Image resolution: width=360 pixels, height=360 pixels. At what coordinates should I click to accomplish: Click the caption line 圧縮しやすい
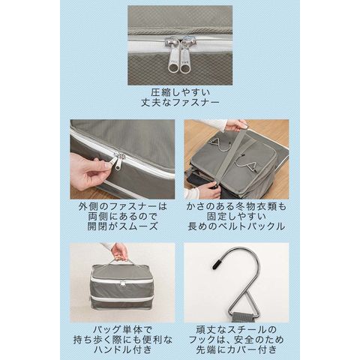(x=180, y=92)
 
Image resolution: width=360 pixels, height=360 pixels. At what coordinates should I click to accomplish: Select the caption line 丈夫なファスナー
(x=180, y=103)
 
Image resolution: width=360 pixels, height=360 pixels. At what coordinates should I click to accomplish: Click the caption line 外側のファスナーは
(x=122, y=206)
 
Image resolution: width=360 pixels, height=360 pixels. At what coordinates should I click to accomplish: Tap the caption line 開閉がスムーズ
(x=122, y=226)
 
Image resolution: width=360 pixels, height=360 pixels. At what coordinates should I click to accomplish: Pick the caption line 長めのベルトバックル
(x=236, y=226)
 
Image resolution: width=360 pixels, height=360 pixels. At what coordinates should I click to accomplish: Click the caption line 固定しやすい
(x=236, y=217)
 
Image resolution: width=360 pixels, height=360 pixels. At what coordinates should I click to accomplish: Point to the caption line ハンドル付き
(x=122, y=349)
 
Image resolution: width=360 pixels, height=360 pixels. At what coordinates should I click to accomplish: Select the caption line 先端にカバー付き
(x=236, y=349)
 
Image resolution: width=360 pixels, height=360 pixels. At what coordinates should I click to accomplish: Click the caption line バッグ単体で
(x=122, y=330)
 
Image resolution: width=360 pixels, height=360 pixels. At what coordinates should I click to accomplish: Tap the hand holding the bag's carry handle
(x=119, y=251)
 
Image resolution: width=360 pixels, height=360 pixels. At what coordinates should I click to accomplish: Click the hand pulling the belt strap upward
(x=235, y=125)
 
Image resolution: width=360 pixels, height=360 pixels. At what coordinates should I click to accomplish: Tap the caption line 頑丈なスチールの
(x=236, y=330)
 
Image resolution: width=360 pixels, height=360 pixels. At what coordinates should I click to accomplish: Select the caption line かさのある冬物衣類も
(x=236, y=206)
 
